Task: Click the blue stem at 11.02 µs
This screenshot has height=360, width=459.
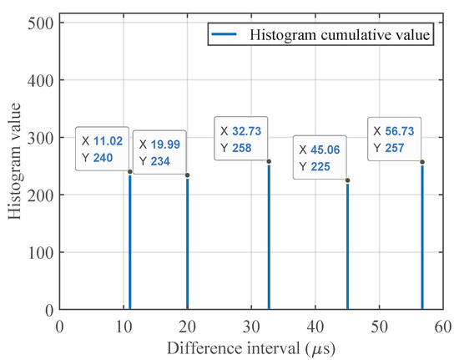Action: pyautogui.click(x=130, y=251)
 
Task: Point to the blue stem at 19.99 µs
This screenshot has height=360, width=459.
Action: pyautogui.click(x=187, y=251)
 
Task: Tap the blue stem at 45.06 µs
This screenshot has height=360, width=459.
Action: pyautogui.click(x=347, y=251)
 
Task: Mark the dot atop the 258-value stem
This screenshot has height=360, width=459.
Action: pyautogui.click(x=269, y=161)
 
